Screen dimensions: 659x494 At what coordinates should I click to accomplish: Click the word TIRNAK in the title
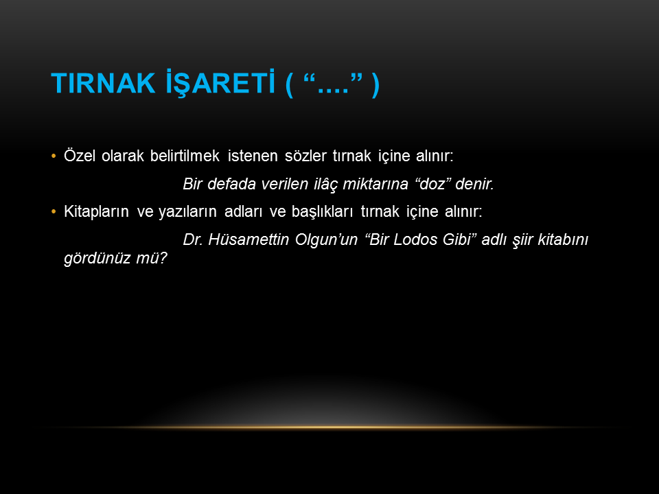point(103,83)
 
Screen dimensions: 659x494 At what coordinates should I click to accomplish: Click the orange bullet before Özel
point(54,156)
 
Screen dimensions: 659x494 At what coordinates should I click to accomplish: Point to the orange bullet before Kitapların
point(54,212)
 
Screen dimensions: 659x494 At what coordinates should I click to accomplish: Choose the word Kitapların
point(96,212)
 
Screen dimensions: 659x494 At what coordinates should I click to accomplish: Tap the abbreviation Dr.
point(193,239)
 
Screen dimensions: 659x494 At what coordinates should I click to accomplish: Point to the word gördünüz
point(97,258)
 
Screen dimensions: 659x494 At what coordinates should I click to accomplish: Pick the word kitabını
point(563,239)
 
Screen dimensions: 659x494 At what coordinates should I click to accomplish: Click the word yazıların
point(187,212)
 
